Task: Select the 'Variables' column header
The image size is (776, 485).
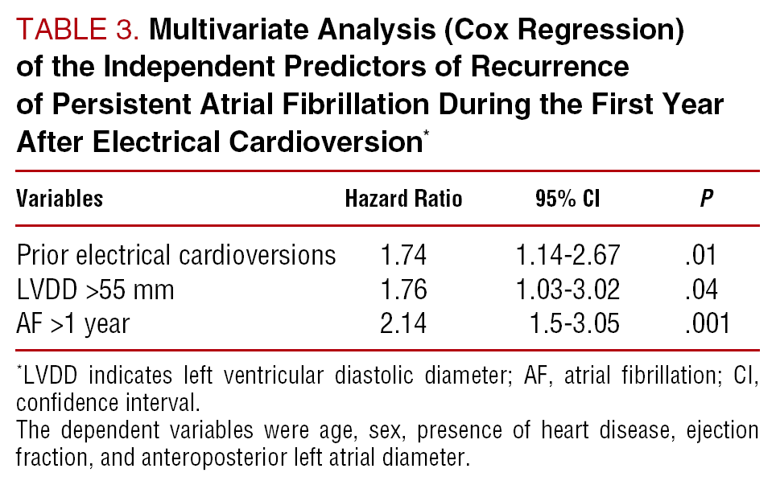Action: click(60, 198)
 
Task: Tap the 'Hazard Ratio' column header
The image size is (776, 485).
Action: click(403, 198)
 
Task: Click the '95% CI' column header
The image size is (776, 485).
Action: click(568, 198)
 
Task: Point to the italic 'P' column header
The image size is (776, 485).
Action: click(706, 199)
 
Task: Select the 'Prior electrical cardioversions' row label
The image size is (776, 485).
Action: click(176, 255)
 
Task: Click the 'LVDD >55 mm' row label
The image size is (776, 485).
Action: click(95, 290)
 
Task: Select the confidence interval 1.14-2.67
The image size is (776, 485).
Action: click(568, 255)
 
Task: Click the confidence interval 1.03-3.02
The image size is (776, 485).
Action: click(568, 290)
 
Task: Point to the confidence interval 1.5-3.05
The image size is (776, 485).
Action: click(577, 324)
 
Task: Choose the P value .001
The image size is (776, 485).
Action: click(705, 324)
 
